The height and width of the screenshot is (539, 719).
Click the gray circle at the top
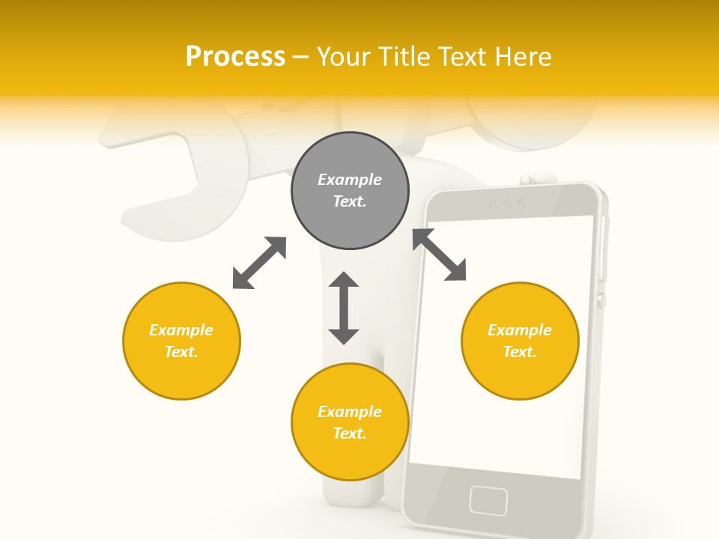point(350,190)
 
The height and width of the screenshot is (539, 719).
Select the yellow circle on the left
point(181,341)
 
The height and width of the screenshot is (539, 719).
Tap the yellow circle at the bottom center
point(350,422)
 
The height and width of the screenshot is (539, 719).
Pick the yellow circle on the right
point(520,341)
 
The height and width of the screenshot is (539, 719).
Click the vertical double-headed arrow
point(344,308)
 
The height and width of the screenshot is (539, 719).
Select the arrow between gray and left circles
point(259,263)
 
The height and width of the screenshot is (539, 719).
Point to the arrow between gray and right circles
point(440,255)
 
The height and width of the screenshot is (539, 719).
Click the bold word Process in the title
point(235,56)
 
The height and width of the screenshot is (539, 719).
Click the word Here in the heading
point(524,56)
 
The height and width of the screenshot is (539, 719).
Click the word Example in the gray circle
point(350,180)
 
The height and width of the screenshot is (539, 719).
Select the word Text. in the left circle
point(181,352)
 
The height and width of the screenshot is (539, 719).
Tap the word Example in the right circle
point(520,330)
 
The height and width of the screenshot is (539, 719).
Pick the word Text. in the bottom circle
point(350,433)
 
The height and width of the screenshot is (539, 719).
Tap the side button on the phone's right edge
point(601,300)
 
